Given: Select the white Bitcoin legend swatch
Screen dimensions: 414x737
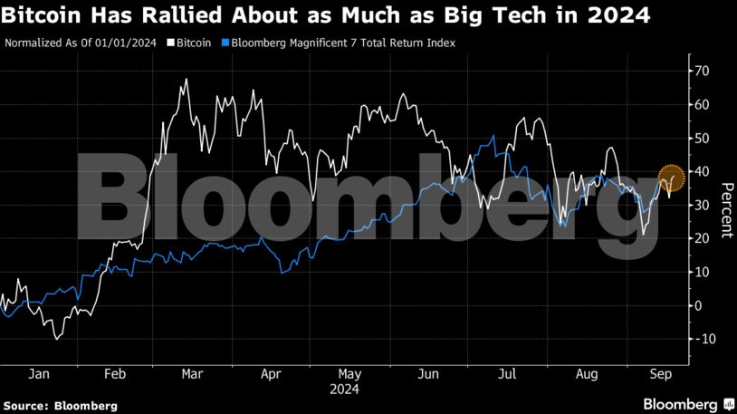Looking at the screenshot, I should point(171,43).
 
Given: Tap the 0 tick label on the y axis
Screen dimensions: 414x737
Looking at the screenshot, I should point(697,305).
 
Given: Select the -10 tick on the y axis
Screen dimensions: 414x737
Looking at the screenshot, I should point(699,339).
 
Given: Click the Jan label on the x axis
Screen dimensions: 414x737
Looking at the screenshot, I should point(38,373).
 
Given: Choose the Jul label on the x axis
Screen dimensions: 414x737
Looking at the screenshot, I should point(508,373).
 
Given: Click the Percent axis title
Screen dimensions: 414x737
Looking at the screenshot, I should point(725,209).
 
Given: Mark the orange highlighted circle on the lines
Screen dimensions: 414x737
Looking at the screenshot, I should point(670,178).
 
